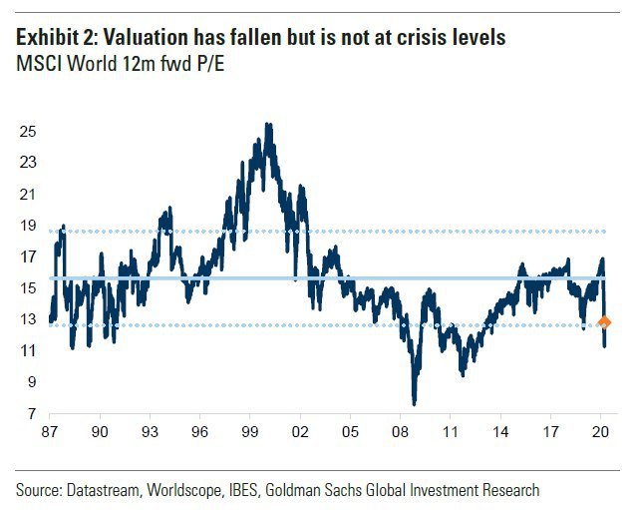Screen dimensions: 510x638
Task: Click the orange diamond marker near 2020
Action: click(603, 321)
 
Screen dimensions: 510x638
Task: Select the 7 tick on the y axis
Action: click(32, 414)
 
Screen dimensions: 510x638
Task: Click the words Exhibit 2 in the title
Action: click(56, 38)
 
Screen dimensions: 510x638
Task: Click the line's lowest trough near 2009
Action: click(414, 403)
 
